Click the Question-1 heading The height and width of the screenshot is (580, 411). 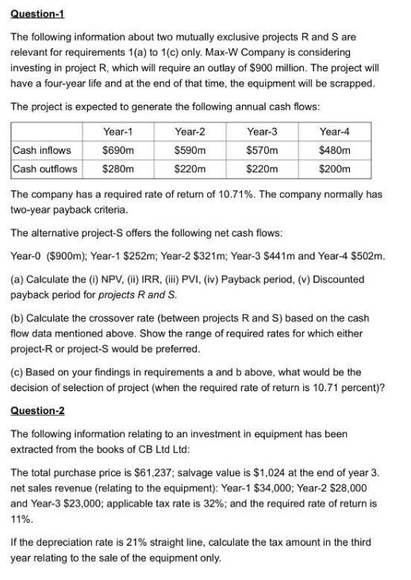point(39,13)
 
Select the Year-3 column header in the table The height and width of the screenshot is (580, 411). point(263,132)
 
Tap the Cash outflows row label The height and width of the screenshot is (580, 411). point(45,168)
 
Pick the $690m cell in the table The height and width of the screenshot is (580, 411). point(117,150)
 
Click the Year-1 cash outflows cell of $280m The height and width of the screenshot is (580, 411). point(117,168)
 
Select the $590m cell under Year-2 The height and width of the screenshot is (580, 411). point(190,150)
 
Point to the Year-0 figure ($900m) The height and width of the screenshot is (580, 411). point(69,255)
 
